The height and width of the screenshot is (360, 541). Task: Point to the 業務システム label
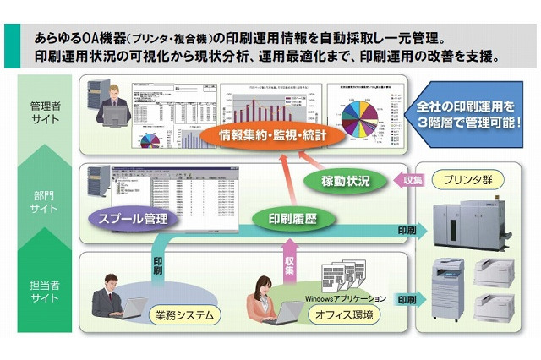point(183,314)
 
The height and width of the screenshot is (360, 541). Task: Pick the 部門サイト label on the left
point(40,200)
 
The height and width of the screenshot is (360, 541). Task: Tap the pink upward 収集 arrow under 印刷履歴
point(286,256)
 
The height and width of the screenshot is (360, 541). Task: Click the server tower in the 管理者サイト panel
point(92,101)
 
